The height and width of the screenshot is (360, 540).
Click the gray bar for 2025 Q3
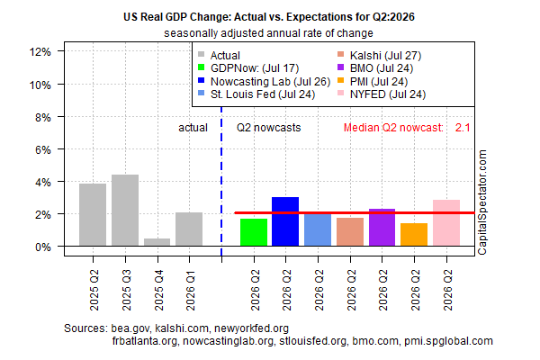coord(125,210)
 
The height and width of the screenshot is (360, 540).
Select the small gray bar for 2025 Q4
coord(157,242)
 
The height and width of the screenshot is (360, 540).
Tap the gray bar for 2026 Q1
coord(189,229)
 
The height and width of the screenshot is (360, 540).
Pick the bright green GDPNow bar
coord(254,232)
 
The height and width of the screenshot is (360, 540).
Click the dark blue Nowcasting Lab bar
coord(285,221)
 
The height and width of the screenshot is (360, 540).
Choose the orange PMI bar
coord(414,235)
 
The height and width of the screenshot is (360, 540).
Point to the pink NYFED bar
coord(446,223)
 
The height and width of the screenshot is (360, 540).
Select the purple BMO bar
coord(382,228)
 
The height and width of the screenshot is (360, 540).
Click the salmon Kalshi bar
coord(350,232)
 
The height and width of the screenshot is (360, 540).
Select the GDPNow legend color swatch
coord(202,67)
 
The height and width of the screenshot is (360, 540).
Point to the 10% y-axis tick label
coord(40,85)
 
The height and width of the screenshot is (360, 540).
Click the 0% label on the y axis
coord(43,247)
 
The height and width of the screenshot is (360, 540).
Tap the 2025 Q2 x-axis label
coord(94,291)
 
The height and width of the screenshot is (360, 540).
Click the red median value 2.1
coord(463,128)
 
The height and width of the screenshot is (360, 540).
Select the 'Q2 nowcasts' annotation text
coord(268,128)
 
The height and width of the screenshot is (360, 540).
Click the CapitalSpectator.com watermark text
coord(482,202)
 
